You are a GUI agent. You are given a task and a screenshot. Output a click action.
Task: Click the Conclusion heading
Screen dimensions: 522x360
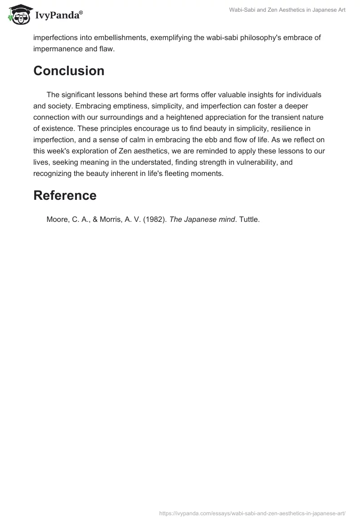click(x=69, y=71)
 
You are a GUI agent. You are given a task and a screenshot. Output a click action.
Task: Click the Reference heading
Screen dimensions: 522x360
click(x=65, y=196)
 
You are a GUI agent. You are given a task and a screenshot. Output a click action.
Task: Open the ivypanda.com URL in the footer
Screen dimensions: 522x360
click(x=252, y=513)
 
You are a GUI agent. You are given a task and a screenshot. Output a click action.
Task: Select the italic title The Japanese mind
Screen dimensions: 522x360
click(x=202, y=220)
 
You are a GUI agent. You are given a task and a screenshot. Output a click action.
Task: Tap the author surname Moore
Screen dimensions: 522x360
click(x=56, y=220)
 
